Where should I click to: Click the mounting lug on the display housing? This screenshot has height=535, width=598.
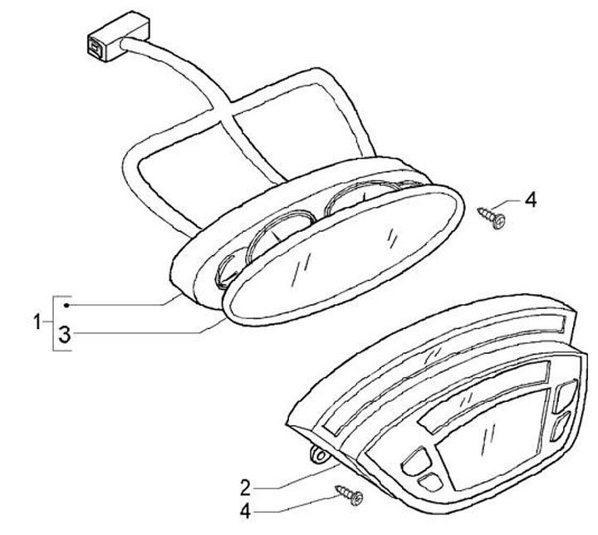[x=316, y=454]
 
